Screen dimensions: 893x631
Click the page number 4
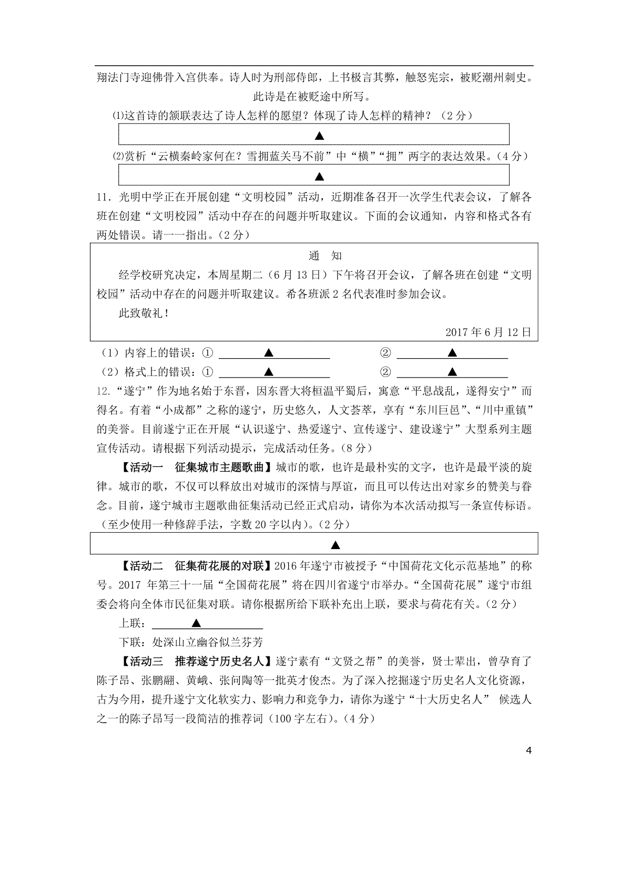click(528, 750)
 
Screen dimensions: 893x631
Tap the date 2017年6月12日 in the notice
click(488, 332)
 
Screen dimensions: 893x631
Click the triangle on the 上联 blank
click(197, 623)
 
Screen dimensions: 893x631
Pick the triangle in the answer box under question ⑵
click(319, 176)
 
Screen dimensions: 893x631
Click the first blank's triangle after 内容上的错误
click(268, 353)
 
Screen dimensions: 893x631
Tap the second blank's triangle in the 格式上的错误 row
click(452, 372)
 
